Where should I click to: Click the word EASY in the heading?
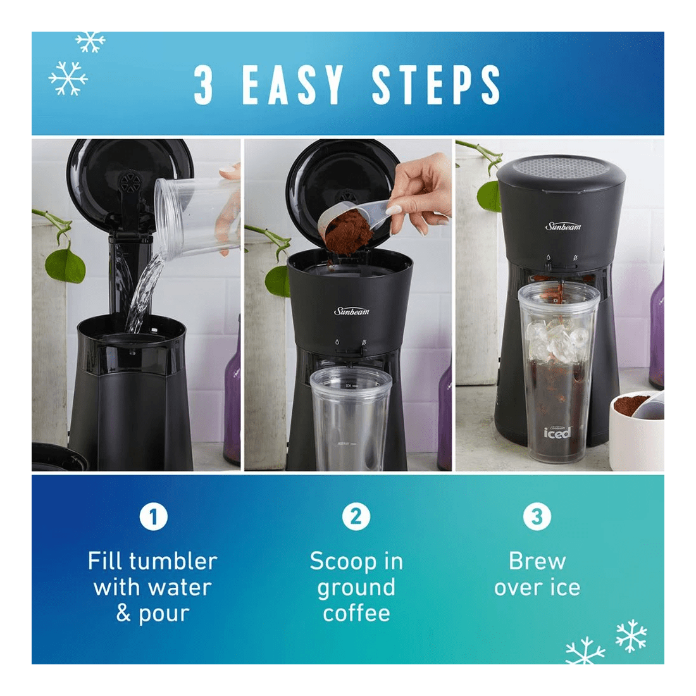[x=294, y=85]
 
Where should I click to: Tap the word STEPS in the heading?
[x=436, y=85]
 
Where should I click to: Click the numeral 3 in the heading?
[x=204, y=85]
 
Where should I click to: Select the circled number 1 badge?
[x=153, y=517]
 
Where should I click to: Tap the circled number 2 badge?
[x=356, y=517]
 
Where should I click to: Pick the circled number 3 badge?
[x=537, y=517]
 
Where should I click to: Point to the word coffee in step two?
[x=356, y=613]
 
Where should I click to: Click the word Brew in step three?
[x=537, y=561]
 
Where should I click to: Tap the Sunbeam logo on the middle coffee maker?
[x=352, y=311]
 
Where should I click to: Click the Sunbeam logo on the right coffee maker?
[x=563, y=226]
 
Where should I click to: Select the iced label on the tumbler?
[x=557, y=432]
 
